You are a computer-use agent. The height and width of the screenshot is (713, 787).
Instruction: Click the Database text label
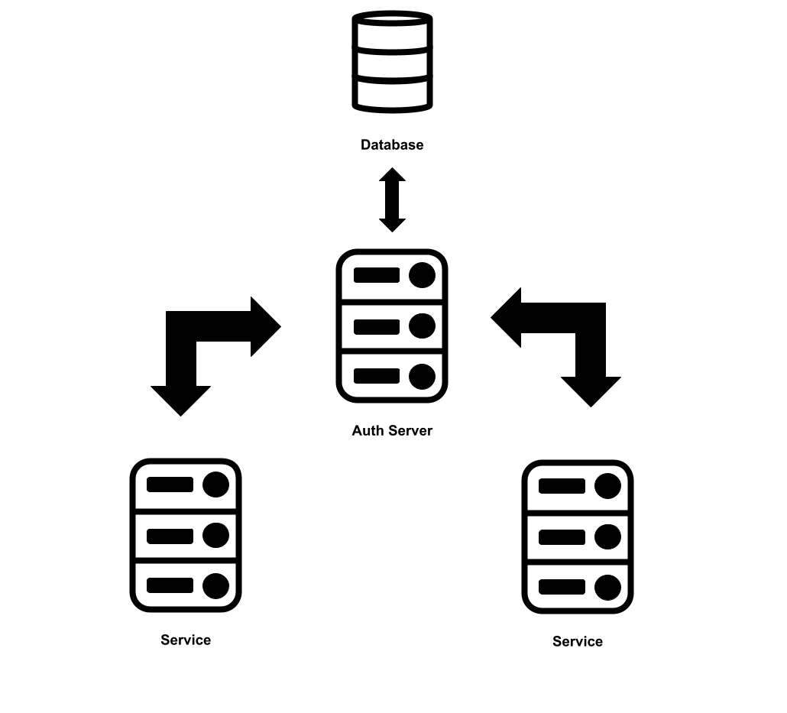point(392,145)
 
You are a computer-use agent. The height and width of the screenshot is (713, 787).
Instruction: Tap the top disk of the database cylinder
point(392,32)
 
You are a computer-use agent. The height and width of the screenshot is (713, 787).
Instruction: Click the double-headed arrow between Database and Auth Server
point(392,200)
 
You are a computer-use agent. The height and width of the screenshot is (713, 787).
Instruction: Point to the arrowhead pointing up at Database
point(392,176)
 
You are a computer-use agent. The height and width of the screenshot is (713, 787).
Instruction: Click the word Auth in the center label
point(366,431)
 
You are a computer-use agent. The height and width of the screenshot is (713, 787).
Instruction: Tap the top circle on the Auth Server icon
point(422,275)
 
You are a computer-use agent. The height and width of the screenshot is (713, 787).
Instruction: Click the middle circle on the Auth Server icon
point(422,326)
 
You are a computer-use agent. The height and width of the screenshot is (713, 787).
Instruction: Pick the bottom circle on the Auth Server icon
point(422,377)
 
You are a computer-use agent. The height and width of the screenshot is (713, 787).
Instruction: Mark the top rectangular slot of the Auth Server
point(377,275)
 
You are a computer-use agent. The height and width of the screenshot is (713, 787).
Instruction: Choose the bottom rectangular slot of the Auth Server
point(377,376)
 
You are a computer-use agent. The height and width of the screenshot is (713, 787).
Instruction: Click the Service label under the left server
point(186,640)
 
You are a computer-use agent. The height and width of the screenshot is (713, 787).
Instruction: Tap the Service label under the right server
point(578,642)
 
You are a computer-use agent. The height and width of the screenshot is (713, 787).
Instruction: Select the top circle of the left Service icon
point(215,485)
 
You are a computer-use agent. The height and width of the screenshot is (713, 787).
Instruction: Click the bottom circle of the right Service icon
point(607,588)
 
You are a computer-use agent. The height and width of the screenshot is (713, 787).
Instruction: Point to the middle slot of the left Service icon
point(170,536)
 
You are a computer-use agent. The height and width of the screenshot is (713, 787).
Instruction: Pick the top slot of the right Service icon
point(562,486)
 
